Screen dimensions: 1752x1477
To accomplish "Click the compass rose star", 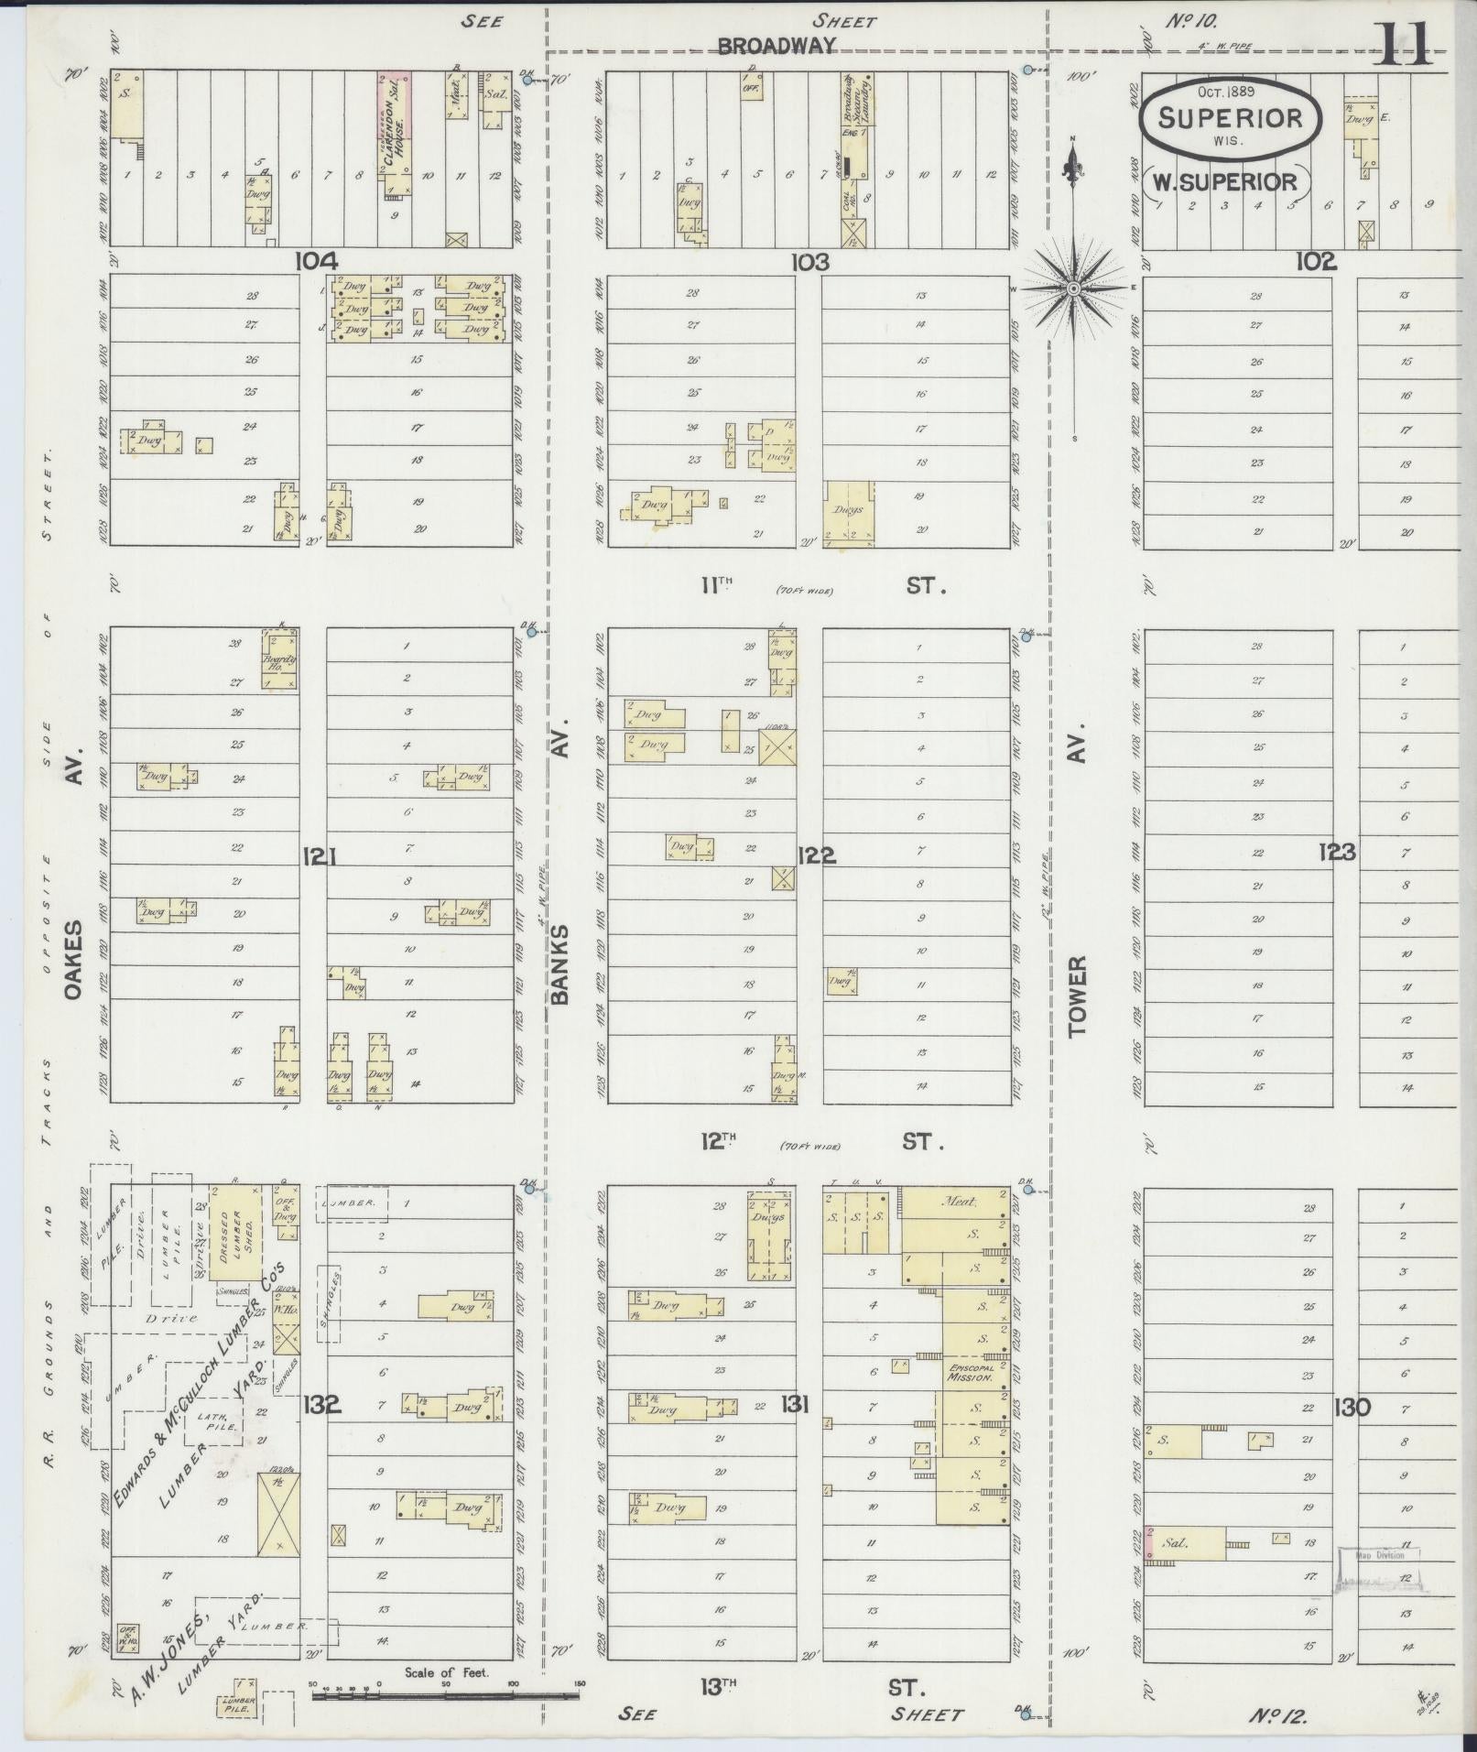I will [x=1072, y=289].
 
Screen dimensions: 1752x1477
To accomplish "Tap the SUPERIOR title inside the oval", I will [x=1230, y=117].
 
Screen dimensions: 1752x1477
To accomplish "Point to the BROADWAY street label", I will [x=777, y=47].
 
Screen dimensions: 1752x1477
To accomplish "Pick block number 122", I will [x=816, y=855].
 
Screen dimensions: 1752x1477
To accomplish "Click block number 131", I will [x=794, y=1404].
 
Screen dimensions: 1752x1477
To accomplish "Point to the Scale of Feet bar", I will [x=446, y=1696].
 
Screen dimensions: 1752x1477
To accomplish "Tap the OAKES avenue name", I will [x=72, y=961].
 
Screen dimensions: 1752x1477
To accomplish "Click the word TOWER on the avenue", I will [x=1077, y=996].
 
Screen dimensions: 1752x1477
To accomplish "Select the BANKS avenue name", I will [x=560, y=963].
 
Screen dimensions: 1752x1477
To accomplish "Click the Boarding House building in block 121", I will [x=280, y=659].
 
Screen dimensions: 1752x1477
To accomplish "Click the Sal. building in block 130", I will [x=1184, y=1543].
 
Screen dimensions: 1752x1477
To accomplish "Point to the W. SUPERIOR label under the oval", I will [x=1224, y=181].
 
